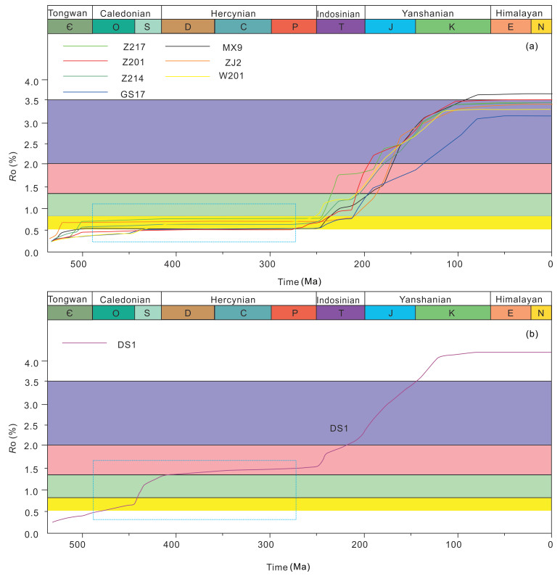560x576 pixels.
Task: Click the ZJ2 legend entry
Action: click(x=230, y=62)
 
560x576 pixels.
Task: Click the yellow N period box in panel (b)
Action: click(x=541, y=312)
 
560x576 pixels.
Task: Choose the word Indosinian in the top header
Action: click(x=340, y=13)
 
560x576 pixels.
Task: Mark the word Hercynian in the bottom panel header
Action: click(x=238, y=299)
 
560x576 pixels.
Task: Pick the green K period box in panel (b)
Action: click(x=453, y=312)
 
